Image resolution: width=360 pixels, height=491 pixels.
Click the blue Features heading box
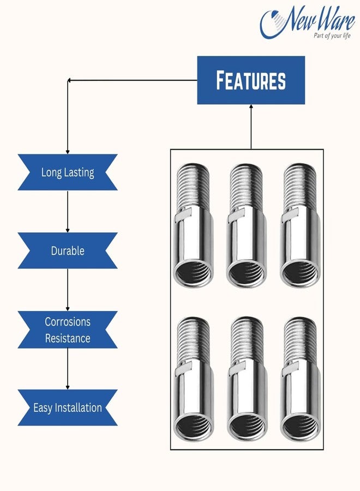(251, 80)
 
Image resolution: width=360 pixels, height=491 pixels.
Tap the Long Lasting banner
(67, 172)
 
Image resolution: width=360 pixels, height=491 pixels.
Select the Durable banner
(67, 250)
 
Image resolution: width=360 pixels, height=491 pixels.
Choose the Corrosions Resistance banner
(67, 330)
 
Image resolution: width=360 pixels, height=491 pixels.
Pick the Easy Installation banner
(67, 408)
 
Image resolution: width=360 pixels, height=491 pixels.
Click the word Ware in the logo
(335, 19)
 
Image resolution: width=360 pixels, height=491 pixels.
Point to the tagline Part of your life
(332, 35)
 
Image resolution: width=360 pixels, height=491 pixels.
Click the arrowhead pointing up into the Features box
(251, 106)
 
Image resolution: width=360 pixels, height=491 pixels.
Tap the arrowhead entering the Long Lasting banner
(67, 152)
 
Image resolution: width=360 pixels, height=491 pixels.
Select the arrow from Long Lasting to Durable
(67, 211)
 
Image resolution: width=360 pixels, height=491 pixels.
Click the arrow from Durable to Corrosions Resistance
(67, 290)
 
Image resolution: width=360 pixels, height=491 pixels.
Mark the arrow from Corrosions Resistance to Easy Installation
(67, 369)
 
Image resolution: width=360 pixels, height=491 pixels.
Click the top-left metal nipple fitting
(193, 225)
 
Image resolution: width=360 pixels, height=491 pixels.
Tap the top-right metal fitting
(300, 225)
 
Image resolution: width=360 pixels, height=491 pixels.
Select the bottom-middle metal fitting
(247, 379)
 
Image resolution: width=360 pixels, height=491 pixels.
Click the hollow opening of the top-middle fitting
(247, 274)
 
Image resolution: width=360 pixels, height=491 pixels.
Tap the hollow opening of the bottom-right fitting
(300, 428)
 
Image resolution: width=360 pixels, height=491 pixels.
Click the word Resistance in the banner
(68, 338)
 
